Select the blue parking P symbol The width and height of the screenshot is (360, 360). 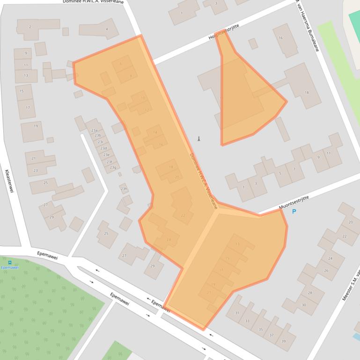294,212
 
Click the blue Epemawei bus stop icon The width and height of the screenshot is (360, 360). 10,262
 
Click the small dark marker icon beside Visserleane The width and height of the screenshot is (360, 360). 198,139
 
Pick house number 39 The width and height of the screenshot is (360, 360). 283,341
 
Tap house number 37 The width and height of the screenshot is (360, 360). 272,335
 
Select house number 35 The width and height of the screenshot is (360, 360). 260,329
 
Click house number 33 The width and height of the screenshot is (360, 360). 247,321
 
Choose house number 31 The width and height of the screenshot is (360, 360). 237,313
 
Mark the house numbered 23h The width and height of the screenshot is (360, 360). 124,189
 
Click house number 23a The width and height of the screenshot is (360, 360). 95,130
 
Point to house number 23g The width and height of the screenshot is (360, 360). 113,167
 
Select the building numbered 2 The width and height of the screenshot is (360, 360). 30,27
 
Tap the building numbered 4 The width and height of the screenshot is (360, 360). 107,29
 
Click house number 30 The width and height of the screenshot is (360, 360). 303,305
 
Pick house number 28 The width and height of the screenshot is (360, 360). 309,293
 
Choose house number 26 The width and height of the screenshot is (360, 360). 326,270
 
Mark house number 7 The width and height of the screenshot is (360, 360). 294,169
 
